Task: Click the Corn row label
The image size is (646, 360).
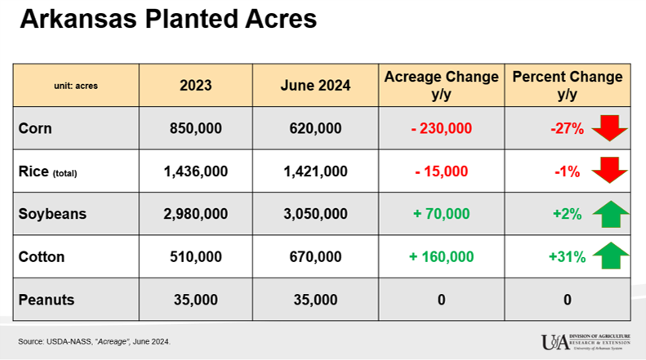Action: pyautogui.click(x=34, y=128)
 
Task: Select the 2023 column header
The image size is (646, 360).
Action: pyautogui.click(x=196, y=85)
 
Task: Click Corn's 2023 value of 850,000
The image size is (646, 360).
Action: pyautogui.click(x=196, y=128)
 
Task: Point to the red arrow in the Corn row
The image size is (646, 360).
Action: pyautogui.click(x=609, y=128)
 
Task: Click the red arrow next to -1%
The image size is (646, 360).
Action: pyautogui.click(x=609, y=171)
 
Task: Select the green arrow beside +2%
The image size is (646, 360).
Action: pyautogui.click(x=609, y=214)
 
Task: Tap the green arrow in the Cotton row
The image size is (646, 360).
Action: pyautogui.click(x=609, y=256)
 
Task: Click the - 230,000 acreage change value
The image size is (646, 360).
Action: pyautogui.click(x=441, y=128)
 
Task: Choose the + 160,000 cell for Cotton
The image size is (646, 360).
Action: pyautogui.click(x=441, y=257)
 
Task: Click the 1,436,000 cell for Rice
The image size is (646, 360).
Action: pyautogui.click(x=196, y=171)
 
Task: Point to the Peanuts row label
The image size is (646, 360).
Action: pyautogui.click(x=46, y=300)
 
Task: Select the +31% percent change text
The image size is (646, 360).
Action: pyautogui.click(x=567, y=257)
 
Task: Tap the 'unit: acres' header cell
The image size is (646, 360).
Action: pyautogui.click(x=75, y=85)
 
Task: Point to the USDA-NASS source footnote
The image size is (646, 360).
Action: pyautogui.click(x=95, y=340)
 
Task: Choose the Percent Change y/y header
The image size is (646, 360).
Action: pyautogui.click(x=567, y=85)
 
